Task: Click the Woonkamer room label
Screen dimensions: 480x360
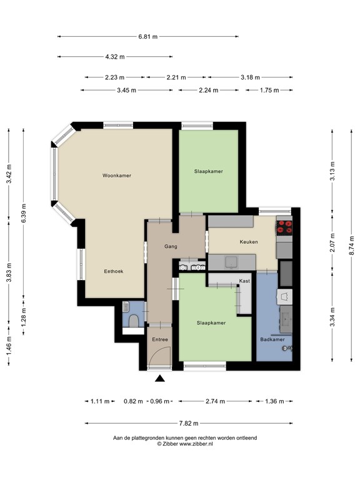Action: pos(117,176)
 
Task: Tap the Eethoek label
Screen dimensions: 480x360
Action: pos(113,272)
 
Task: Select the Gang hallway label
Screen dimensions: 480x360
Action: pos(171,246)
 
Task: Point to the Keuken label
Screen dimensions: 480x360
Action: pos(249,242)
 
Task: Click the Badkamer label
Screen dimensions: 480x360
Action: pos(272,339)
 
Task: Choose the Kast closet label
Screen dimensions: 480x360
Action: pos(244,281)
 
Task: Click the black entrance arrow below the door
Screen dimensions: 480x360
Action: pos(161,377)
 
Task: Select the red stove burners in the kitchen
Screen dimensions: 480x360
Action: pos(284,226)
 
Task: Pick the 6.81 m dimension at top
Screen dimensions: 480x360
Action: pos(147,36)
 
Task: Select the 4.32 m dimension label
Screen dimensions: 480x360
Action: pos(115,57)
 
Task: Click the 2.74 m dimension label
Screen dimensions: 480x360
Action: pos(215,401)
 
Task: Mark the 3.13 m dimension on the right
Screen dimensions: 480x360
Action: pos(332,171)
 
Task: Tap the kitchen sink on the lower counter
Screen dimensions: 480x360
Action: pos(229,261)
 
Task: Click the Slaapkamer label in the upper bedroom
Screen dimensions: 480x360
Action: pos(208,171)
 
